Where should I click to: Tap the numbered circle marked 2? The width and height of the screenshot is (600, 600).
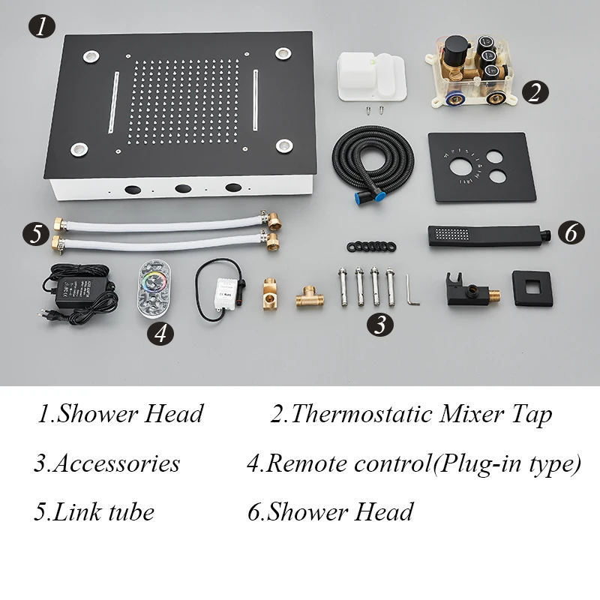point(535,92)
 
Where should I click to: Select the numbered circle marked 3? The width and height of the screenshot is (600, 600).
point(379,325)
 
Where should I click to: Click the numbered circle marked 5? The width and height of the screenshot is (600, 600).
point(35,233)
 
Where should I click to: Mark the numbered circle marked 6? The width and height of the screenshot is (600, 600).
point(571,232)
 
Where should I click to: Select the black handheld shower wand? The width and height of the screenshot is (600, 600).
point(489,235)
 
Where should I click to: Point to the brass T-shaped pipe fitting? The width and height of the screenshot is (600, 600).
point(310,296)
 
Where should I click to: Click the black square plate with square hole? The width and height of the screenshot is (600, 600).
point(532,288)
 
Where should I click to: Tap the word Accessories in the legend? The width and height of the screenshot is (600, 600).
point(116,463)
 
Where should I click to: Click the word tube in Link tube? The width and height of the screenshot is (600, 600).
point(130,511)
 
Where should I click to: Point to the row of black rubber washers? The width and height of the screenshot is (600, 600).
point(371,247)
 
